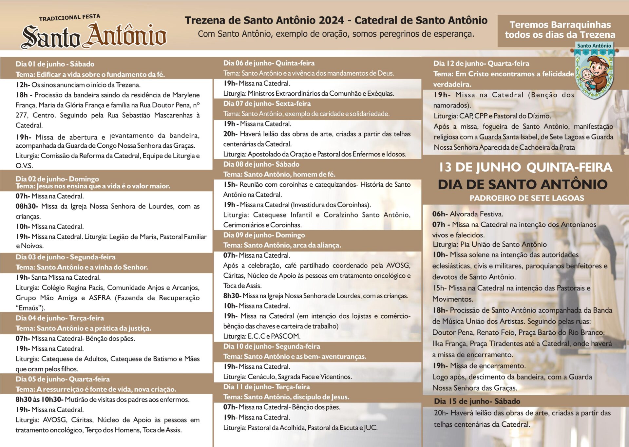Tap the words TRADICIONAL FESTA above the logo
69,18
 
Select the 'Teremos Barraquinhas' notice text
560,29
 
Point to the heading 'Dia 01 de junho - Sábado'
55,64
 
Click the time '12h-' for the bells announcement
23,85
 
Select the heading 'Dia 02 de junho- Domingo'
57,179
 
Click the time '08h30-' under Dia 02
27,206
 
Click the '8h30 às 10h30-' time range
39,400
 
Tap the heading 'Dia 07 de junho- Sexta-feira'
267,104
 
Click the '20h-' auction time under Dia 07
230,134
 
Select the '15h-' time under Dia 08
230,184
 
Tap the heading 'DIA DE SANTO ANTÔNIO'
523,184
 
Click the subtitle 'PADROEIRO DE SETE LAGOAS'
526,198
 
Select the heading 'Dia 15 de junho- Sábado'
477,401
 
